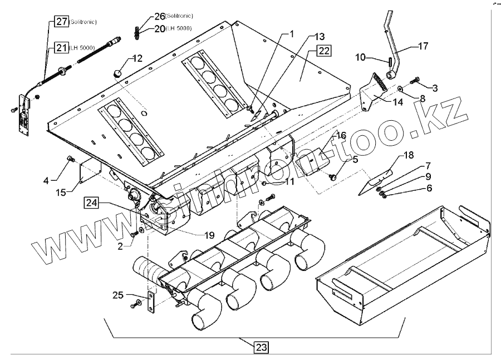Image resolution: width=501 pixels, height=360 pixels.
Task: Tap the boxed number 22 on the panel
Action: [323, 51]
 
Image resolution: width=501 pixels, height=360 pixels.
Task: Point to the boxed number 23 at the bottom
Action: [261, 347]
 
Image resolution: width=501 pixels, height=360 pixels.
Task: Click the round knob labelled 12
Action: [117, 73]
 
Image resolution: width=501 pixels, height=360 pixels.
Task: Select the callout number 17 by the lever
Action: [423, 46]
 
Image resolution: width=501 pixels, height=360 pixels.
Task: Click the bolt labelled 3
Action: [415, 81]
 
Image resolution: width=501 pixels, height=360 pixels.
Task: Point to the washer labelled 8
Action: [400, 87]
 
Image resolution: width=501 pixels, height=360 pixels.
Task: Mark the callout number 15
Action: [62, 192]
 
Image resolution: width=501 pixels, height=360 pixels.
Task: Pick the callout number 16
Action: [340, 135]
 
